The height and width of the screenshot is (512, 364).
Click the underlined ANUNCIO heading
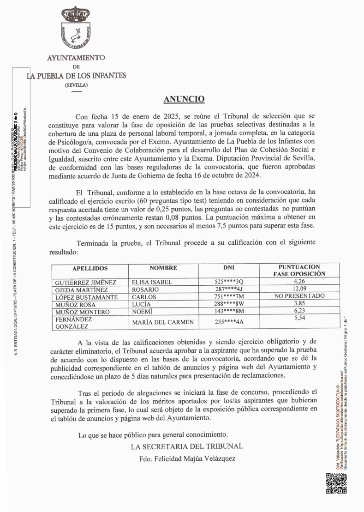(x=184, y=99)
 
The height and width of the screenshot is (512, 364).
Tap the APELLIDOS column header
(x=90, y=268)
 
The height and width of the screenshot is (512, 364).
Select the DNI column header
(x=229, y=268)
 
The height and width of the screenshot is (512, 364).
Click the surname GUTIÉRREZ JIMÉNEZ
(x=85, y=282)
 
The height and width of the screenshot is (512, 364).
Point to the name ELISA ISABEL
(x=152, y=282)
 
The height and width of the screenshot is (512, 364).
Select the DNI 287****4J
(x=229, y=289)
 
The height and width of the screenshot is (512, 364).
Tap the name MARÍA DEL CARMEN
(x=163, y=322)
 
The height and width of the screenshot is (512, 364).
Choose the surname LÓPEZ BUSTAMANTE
(x=86, y=297)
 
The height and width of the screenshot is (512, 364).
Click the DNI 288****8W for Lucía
(x=229, y=305)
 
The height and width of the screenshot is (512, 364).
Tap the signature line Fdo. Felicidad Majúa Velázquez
(x=187, y=458)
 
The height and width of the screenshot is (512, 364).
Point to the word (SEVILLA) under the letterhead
(x=76, y=85)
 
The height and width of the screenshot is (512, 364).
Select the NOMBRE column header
(x=163, y=268)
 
